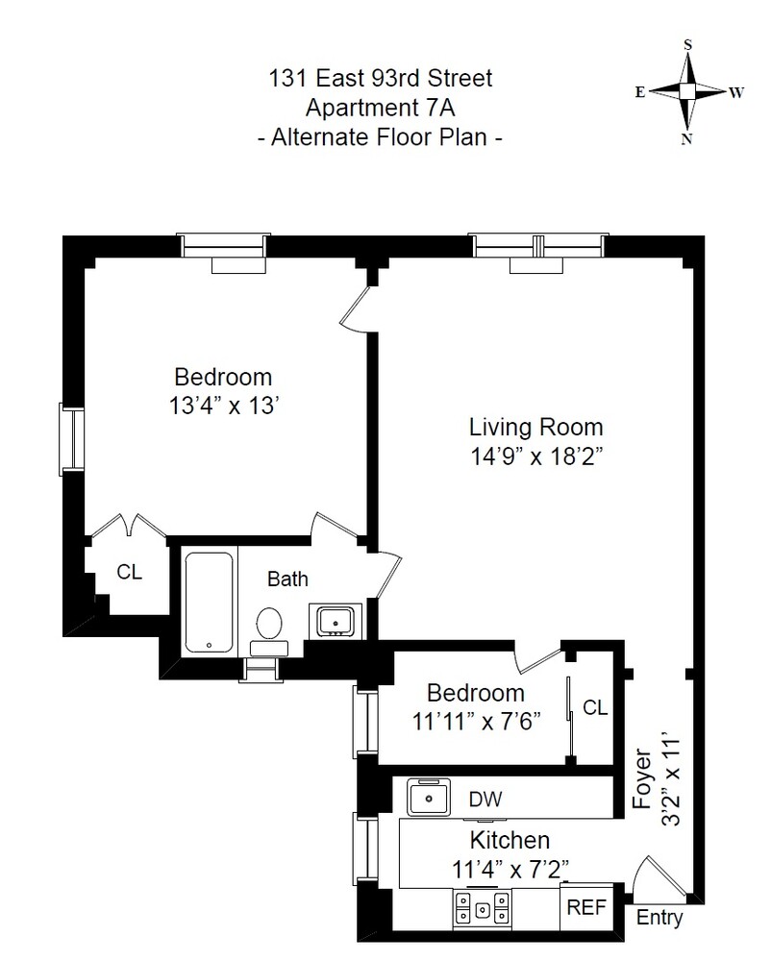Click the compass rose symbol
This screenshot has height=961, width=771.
[688, 91]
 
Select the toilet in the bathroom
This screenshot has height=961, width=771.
[267, 625]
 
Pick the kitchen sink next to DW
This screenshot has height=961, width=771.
[423, 797]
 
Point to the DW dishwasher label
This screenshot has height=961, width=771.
[485, 798]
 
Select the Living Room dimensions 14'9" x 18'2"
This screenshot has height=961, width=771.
[536, 456]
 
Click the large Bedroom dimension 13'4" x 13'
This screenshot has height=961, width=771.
[223, 406]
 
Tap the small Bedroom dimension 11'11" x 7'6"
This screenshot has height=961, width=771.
[477, 722]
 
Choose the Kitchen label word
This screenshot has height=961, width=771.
[510, 841]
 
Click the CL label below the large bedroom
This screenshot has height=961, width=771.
[129, 573]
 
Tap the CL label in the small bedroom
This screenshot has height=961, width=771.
[595, 708]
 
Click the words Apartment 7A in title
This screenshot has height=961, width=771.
[381, 106]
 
